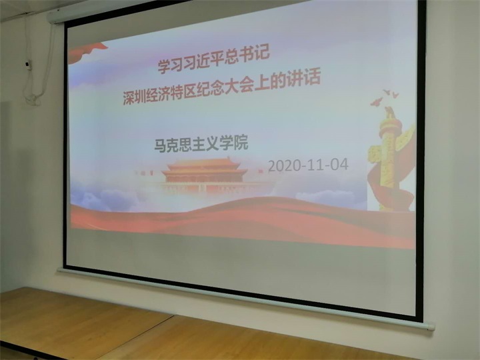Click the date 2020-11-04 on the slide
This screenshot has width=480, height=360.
308,165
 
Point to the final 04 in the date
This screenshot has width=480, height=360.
339,165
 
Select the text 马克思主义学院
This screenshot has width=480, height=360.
201,144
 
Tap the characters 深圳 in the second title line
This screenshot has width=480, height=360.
135,97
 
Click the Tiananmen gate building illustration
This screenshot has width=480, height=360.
204,174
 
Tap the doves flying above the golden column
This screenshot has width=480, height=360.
384,97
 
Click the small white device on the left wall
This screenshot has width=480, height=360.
28,65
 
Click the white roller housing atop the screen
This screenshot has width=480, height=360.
123,11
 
